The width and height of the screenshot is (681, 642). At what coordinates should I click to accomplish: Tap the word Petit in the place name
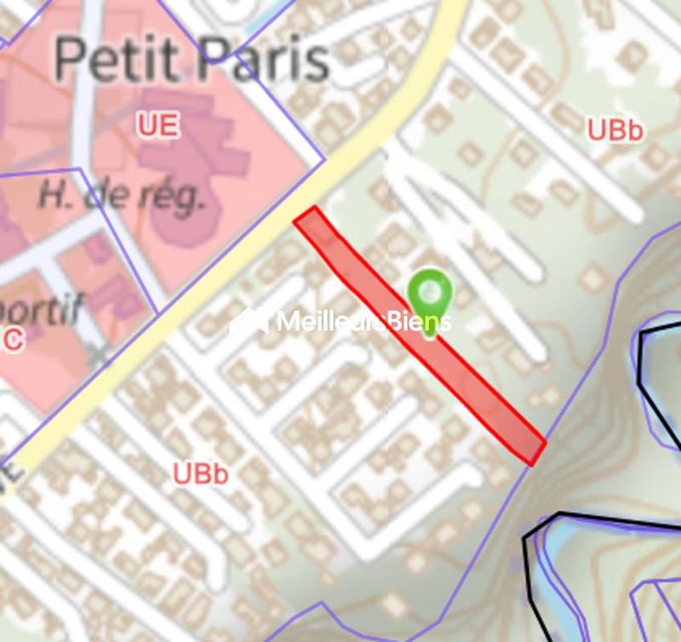point(116,59)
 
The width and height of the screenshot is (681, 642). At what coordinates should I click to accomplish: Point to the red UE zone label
point(158,126)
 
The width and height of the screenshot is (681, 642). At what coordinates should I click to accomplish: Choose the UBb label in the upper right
point(615,129)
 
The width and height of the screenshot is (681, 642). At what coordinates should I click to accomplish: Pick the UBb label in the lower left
point(201,474)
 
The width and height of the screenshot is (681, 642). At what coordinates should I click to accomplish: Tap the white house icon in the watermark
point(249,320)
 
